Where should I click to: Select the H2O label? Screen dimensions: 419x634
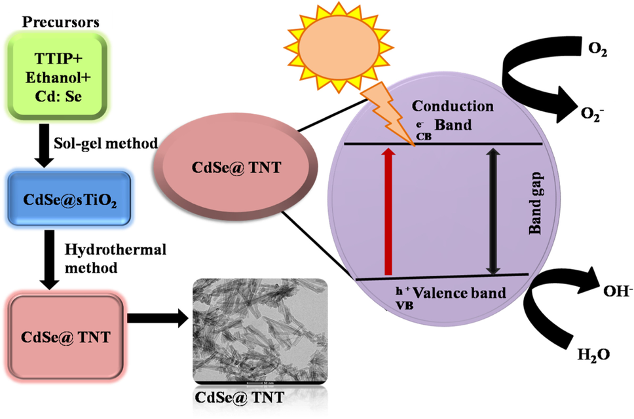tap(594, 355)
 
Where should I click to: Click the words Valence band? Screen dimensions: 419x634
tap(468, 293)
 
